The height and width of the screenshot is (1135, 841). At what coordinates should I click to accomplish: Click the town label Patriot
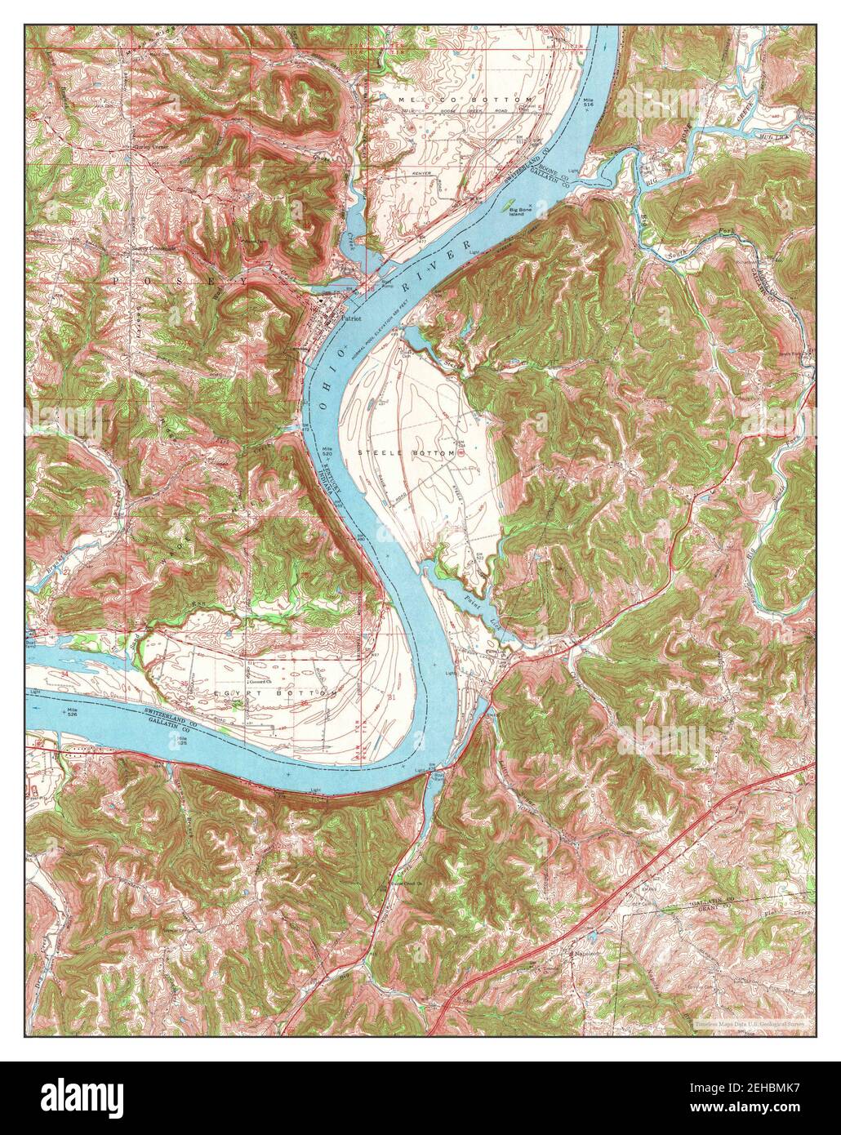coord(351,320)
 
